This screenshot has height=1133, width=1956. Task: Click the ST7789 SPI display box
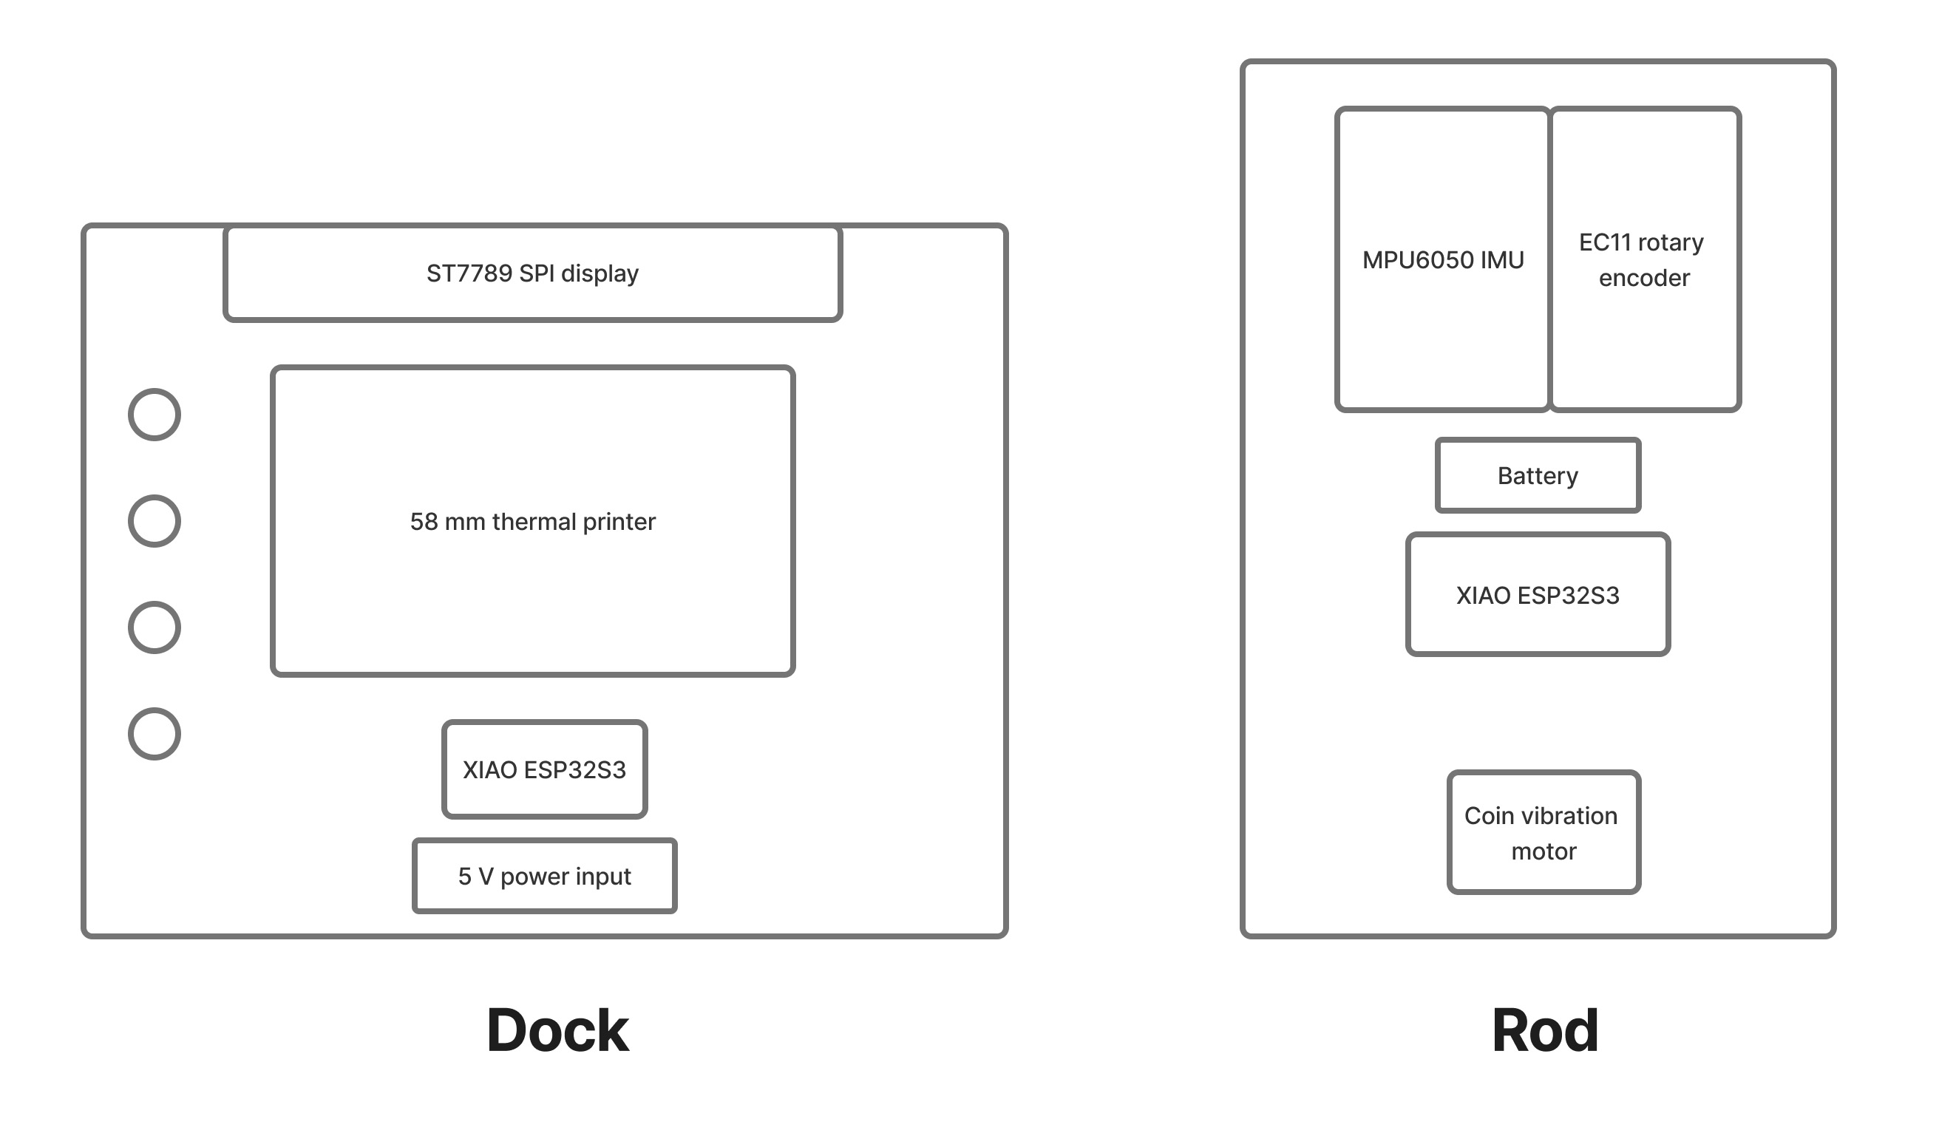coord(532,273)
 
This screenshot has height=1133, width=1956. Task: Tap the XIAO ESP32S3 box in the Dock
coord(544,770)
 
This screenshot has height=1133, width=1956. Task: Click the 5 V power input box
coord(544,876)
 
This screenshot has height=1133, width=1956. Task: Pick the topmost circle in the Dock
coord(154,415)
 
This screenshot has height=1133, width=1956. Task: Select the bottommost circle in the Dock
coord(154,733)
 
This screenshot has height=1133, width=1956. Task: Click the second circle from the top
coord(154,521)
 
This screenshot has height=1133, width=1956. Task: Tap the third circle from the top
coord(154,627)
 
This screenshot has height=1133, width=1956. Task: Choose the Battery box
coord(1537,475)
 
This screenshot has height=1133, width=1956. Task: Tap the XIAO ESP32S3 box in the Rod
coord(1537,595)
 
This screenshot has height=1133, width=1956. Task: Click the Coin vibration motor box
coord(1543,833)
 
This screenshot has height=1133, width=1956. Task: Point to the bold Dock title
coord(557,1030)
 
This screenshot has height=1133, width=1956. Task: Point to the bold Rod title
coord(1545,1030)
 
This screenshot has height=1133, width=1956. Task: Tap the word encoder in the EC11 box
coord(1644,278)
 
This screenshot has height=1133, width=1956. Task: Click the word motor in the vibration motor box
coord(1543,851)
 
